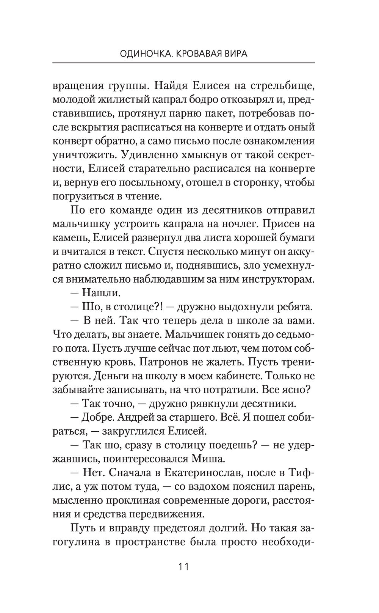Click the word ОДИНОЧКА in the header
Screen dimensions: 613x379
[x=141, y=54]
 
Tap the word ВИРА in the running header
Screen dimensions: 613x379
[x=235, y=54]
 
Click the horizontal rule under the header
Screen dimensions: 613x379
[x=183, y=63]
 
